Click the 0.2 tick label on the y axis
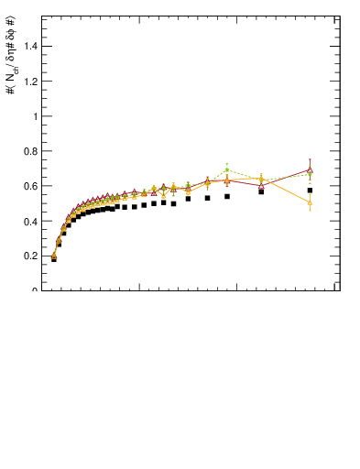click(x=30, y=256)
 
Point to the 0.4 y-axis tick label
click(x=30, y=221)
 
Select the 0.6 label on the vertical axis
click(x=30, y=186)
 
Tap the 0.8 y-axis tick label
click(x=30, y=151)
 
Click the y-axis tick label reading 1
click(x=35, y=116)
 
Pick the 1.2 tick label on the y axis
click(x=30, y=82)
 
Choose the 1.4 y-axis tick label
click(x=30, y=47)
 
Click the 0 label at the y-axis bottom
click(x=35, y=290)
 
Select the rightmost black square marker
click(x=311, y=191)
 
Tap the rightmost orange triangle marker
click(x=311, y=202)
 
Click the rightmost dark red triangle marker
click(x=311, y=169)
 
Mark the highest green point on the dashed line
click(x=227, y=169)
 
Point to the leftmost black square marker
click(x=54, y=259)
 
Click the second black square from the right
click(x=261, y=191)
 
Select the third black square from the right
click(x=227, y=196)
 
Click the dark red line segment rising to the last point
click(x=286, y=177)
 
